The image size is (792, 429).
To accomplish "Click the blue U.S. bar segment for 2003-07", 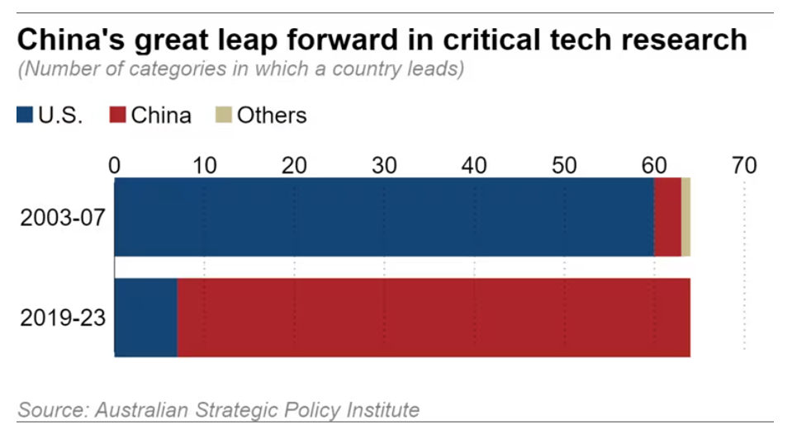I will coord(384,217).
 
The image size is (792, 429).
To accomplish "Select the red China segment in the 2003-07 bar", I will coord(667,217).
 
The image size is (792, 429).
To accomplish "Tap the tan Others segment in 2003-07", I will coord(685,217).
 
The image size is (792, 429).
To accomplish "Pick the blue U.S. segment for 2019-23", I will coord(145,318).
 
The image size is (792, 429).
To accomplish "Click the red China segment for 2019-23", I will coord(434,318).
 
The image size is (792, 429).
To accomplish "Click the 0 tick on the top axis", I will coord(115,166).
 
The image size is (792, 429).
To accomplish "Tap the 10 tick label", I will coord(204,166).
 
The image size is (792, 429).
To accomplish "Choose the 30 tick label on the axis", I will coord(384,166).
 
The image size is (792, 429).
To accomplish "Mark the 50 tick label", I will coord(564,166).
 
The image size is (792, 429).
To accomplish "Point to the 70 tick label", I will coord(744,166).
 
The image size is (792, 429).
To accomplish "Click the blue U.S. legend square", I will coord(24,115).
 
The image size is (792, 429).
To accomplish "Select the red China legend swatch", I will coord(117,115).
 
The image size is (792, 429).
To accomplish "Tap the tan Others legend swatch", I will coord(222,115).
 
